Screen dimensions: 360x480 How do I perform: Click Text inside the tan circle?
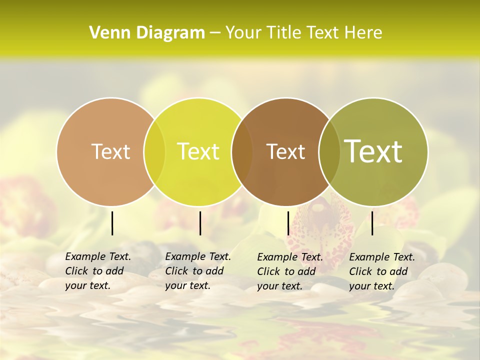coord(110,151)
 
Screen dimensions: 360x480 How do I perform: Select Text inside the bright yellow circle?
coord(198,151)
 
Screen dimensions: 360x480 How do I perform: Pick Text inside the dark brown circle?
coord(286,151)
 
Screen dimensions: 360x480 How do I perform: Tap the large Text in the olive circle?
coord(373,151)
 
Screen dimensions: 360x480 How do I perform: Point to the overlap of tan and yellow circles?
coord(154,152)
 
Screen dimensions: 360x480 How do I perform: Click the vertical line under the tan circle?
coord(112,223)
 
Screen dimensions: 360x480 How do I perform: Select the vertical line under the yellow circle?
coord(200,223)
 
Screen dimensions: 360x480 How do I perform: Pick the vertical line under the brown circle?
coord(288,223)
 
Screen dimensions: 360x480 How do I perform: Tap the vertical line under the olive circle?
coord(372,223)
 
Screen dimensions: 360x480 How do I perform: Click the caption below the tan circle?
coord(97,271)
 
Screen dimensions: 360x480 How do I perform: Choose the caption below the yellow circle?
coord(197,271)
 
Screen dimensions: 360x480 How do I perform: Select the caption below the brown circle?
coord(289,271)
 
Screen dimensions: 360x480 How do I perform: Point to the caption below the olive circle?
coord(381,271)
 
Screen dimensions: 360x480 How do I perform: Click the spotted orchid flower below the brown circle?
coord(320,225)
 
